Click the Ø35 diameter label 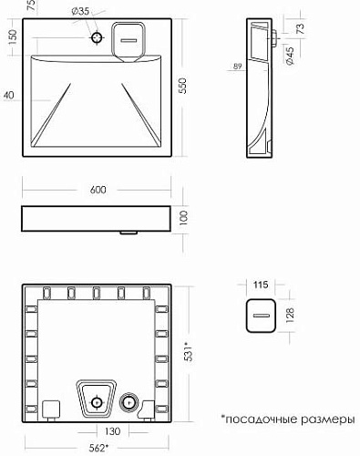tap(80, 11)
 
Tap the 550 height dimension tap(182, 86)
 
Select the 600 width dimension tap(98, 190)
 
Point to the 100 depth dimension tap(184, 217)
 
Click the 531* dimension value tap(190, 352)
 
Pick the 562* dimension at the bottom tap(98, 448)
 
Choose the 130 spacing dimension tap(112, 431)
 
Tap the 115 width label tap(261, 285)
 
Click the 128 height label tap(290, 315)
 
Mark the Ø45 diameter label tap(290, 56)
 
